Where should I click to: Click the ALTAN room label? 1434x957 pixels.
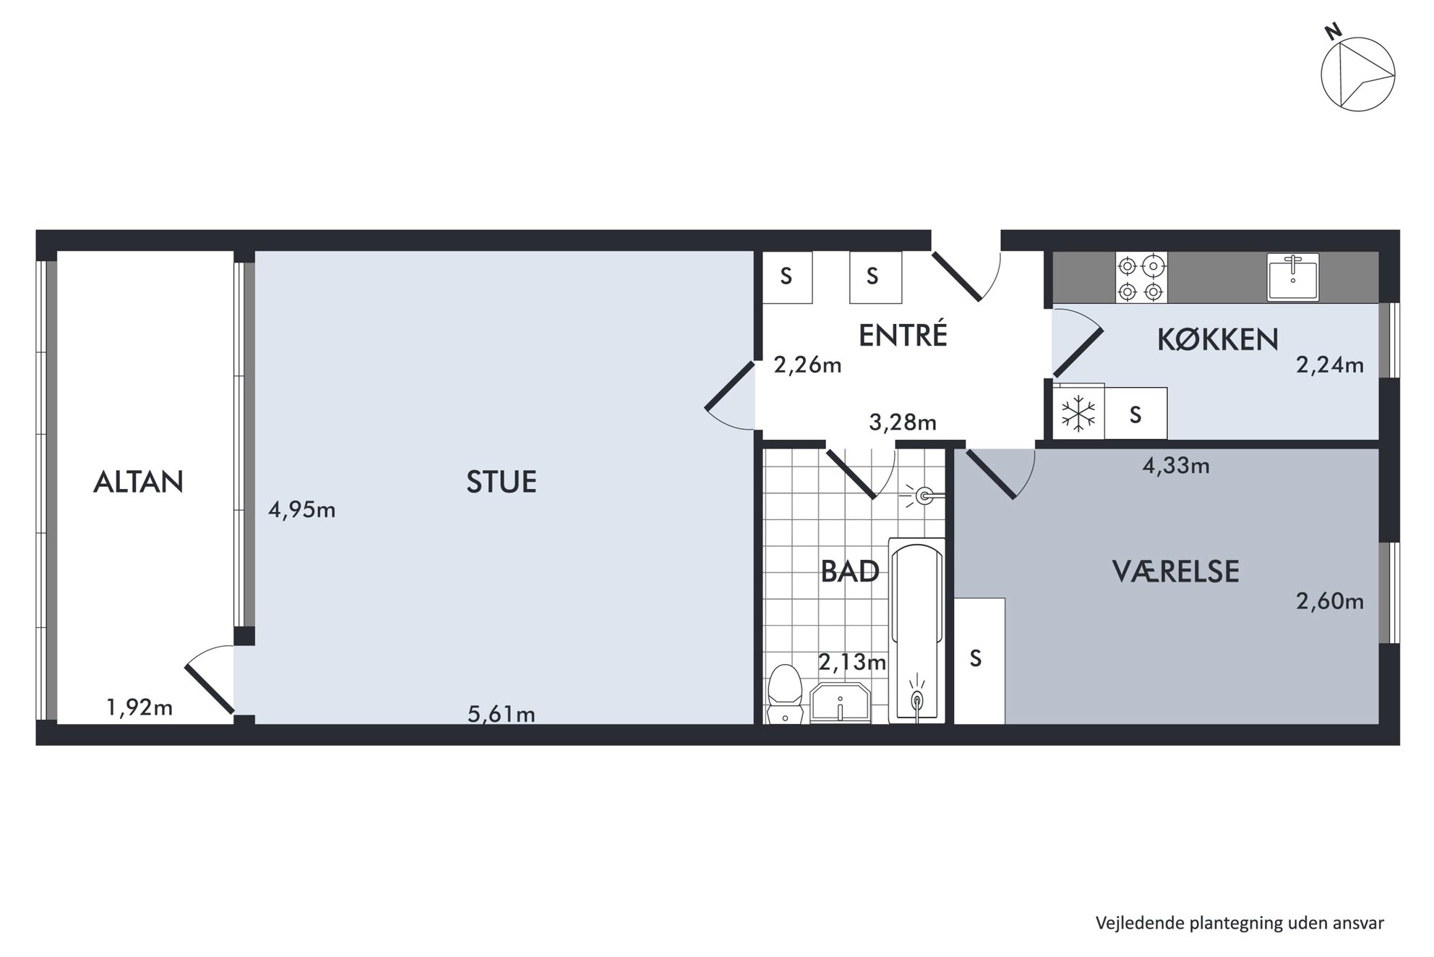point(138,482)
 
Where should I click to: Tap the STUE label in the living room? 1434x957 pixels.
point(502,482)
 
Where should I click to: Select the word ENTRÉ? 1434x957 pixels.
point(903,335)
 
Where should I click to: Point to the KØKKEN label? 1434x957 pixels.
point(1218,339)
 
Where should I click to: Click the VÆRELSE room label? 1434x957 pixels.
point(1176,571)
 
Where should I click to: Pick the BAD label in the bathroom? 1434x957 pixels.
point(850,571)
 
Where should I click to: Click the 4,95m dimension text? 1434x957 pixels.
point(302,510)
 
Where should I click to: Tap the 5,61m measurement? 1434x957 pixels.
point(502,715)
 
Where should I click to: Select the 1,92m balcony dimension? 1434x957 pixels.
point(139,707)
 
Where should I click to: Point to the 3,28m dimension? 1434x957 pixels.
point(903,422)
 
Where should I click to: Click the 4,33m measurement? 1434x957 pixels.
point(1176,465)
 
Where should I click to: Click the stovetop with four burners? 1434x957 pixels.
point(1141,278)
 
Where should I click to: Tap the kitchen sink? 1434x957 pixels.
point(1293,277)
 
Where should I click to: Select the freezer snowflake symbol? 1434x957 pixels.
point(1078,414)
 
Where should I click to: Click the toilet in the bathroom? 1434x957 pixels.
point(785,694)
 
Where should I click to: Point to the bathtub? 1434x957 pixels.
point(916,630)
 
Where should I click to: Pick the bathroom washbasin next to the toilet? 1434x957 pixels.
point(841,702)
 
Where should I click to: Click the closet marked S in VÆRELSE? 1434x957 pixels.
point(979,660)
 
